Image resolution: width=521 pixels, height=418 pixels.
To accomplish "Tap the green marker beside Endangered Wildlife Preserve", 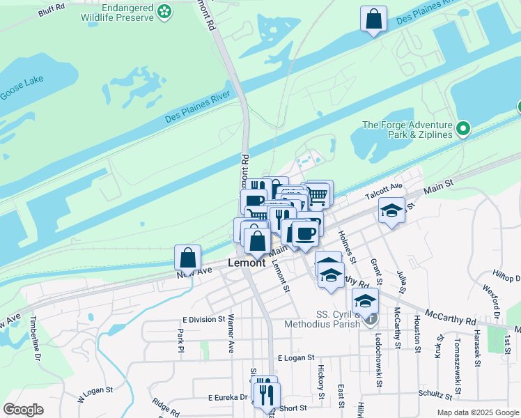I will (x=164, y=11).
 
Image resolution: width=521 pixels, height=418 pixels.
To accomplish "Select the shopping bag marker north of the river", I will (x=373, y=19).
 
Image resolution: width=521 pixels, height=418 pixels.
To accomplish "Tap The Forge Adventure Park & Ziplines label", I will (x=407, y=130).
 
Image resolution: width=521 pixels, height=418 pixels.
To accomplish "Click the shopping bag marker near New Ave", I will (x=188, y=258).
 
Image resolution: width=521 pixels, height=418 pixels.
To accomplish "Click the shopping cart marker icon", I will (x=318, y=194).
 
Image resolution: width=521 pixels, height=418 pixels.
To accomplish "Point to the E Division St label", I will (x=199, y=319).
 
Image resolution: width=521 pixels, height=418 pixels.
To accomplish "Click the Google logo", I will (x=23, y=410).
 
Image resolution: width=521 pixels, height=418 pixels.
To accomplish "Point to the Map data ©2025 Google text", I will (x=478, y=412).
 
